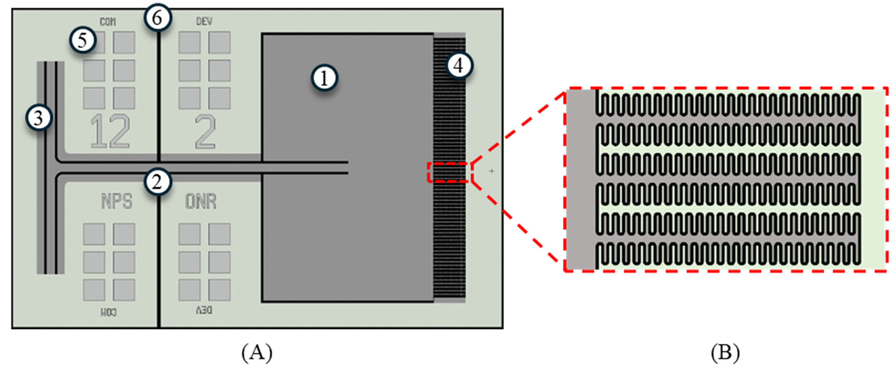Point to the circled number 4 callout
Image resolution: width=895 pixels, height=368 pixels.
pyautogui.click(x=459, y=65)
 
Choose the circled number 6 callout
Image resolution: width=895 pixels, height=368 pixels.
pyautogui.click(x=157, y=17)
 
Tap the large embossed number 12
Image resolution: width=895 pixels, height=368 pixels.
pyautogui.click(x=110, y=131)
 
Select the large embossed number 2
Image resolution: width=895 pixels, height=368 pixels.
pyautogui.click(x=205, y=131)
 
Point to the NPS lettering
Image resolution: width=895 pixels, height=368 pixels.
pyautogui.click(x=117, y=201)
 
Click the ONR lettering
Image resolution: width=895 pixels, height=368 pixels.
pyautogui.click(x=201, y=201)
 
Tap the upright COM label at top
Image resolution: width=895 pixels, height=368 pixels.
pyautogui.click(x=108, y=22)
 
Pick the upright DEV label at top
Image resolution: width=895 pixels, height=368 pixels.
pyautogui.click(x=204, y=22)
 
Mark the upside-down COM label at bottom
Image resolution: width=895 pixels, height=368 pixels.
pyautogui.click(x=108, y=312)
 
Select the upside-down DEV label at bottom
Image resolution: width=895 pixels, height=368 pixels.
pyautogui.click(x=204, y=310)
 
